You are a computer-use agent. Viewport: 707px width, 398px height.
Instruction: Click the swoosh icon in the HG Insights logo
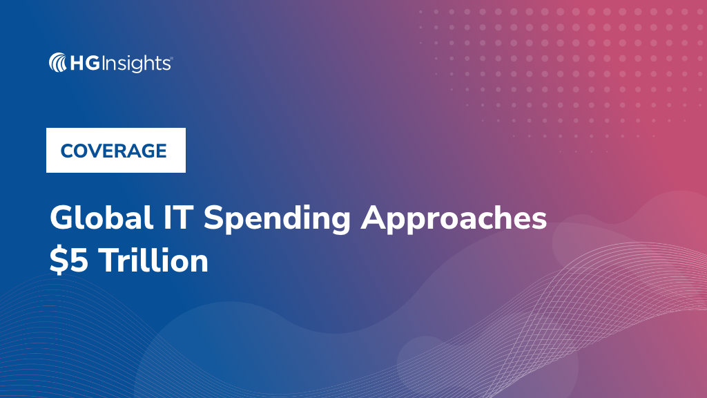coord(58,64)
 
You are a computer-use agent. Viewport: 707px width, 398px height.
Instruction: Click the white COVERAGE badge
coord(115,150)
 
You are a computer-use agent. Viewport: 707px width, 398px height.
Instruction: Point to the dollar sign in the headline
coord(57,261)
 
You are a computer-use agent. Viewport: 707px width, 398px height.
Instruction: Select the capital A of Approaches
coord(376,219)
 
